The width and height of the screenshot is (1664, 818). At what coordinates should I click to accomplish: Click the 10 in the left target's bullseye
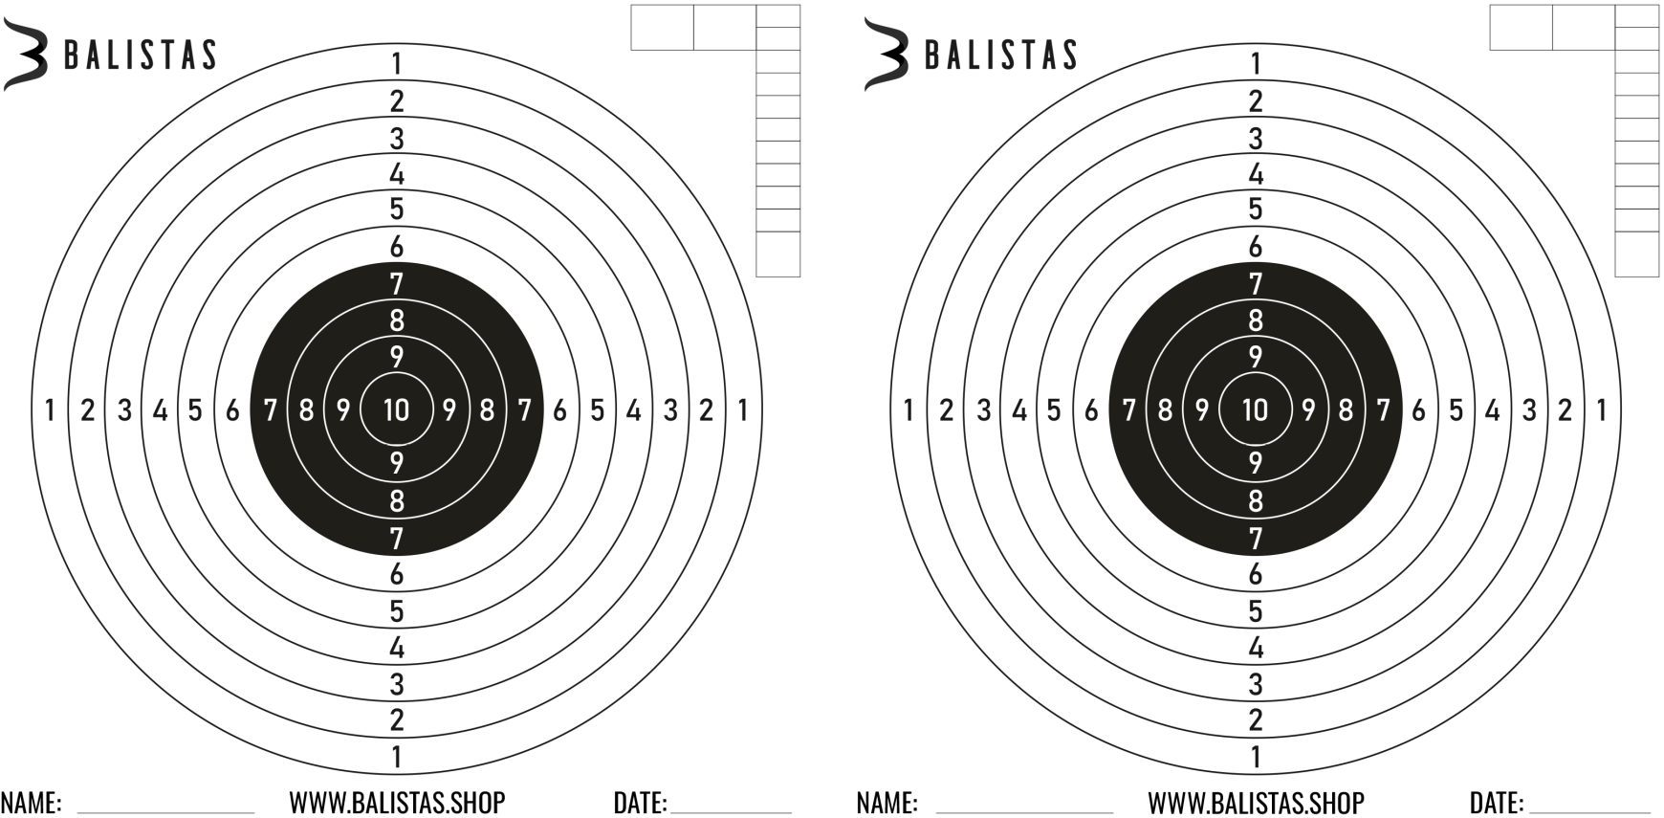tap(396, 409)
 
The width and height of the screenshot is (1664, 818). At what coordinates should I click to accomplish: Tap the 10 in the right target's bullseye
tap(1255, 409)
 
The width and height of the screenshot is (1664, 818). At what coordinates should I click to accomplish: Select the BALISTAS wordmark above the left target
tap(141, 55)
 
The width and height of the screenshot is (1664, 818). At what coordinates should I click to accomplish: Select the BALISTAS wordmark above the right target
tap(1001, 55)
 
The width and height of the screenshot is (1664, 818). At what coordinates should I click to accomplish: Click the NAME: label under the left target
tap(31, 803)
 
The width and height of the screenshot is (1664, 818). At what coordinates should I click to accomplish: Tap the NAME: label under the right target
tap(887, 803)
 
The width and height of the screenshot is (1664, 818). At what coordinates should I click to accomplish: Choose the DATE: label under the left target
tap(640, 803)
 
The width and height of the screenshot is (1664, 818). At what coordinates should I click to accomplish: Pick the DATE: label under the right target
tap(1497, 803)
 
